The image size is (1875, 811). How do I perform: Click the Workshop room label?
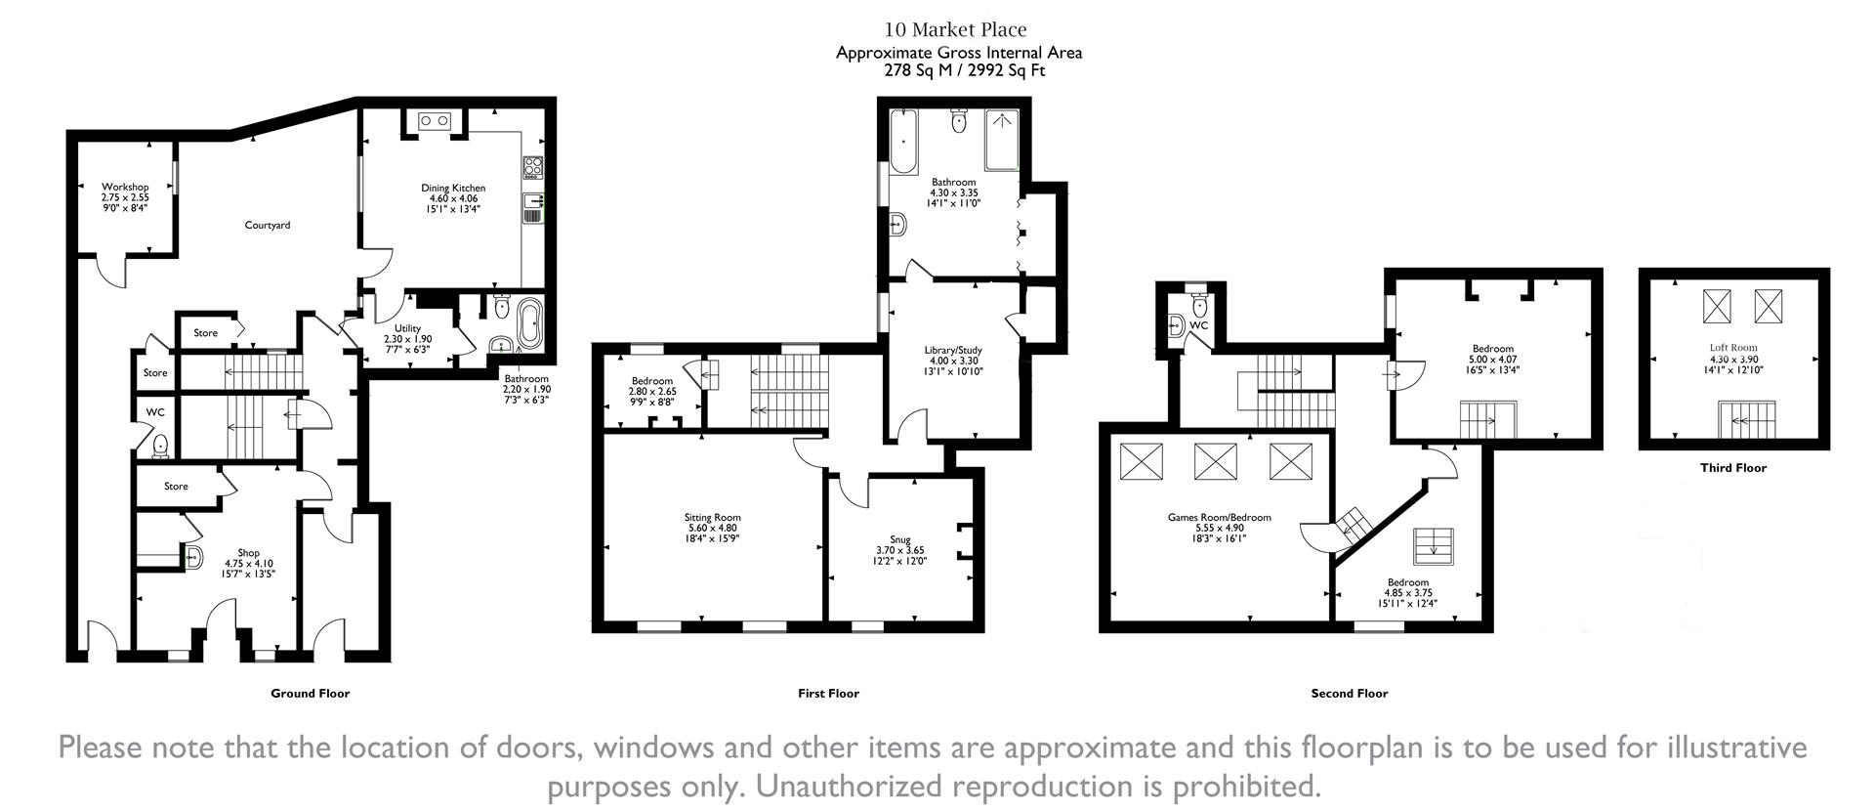125,187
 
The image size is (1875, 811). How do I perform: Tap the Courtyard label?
267,225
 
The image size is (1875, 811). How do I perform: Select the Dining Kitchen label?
453,188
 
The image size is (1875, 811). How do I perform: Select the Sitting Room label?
712,518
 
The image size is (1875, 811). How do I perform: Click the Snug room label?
899,539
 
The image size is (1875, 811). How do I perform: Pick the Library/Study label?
953,350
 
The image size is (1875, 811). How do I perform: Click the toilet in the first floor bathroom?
958,121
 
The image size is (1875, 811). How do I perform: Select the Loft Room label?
1732,347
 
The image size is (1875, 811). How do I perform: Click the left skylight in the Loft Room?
1716,306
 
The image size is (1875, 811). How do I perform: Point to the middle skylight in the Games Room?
1215,460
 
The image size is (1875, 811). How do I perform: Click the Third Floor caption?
1732,468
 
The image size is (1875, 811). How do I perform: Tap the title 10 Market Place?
955,30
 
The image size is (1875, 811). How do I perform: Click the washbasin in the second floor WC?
1178,325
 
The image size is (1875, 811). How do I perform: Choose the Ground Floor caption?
310,693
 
